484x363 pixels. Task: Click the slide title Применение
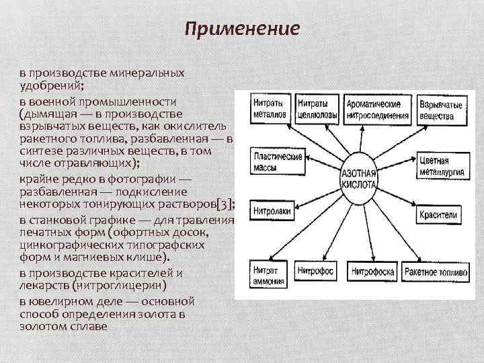click(241, 29)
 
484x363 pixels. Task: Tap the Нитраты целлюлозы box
click(315, 110)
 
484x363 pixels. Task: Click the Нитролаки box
click(272, 212)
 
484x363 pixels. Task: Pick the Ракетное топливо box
click(438, 270)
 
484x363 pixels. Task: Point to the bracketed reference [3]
click(225, 206)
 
